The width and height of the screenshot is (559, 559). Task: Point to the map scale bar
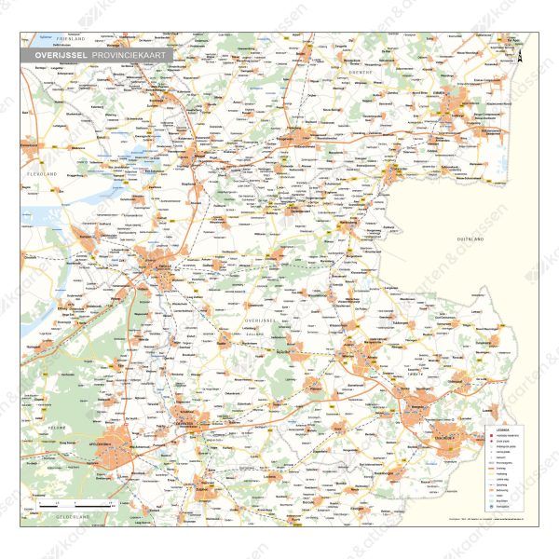point(75,503)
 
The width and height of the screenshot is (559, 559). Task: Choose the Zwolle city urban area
point(149,265)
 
